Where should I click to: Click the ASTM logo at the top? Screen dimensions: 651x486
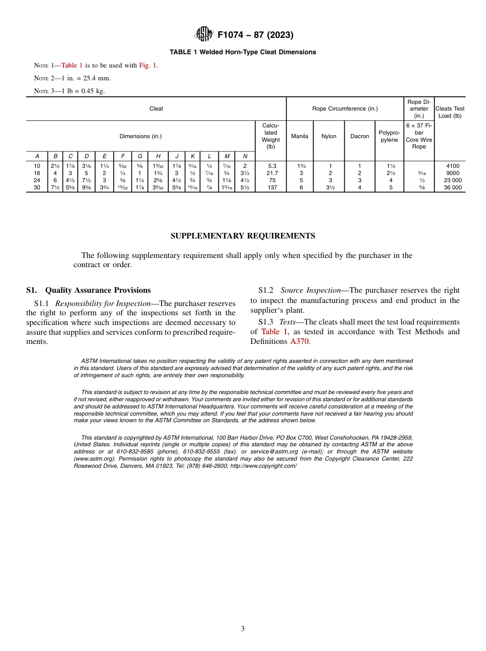pyautogui.click(x=205, y=35)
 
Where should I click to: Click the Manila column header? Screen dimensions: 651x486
pyautogui.click(x=300, y=136)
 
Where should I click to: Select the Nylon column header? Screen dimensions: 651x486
pyautogui.click(x=329, y=136)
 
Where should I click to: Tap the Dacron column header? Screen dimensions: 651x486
pyautogui.click(x=360, y=136)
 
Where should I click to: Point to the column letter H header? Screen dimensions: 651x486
pyautogui.click(x=158, y=156)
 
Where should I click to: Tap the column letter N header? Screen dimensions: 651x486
pyautogui.click(x=245, y=156)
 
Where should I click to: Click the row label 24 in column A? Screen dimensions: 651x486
pyautogui.click(x=37, y=180)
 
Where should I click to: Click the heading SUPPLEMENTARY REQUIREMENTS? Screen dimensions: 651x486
pyautogui.click(x=242, y=236)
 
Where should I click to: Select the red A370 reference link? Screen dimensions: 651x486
pyautogui.click(x=299, y=342)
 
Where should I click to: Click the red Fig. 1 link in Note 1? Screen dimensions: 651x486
pyautogui.click(x=148, y=66)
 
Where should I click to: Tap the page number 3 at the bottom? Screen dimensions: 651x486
pyautogui.click(x=243, y=629)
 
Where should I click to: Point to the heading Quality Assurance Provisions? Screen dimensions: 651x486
pyautogui.click(x=98, y=290)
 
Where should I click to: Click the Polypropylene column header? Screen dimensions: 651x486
pyautogui.click(x=389, y=136)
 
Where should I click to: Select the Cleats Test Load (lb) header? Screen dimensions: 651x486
pyautogui.click(x=450, y=112)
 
